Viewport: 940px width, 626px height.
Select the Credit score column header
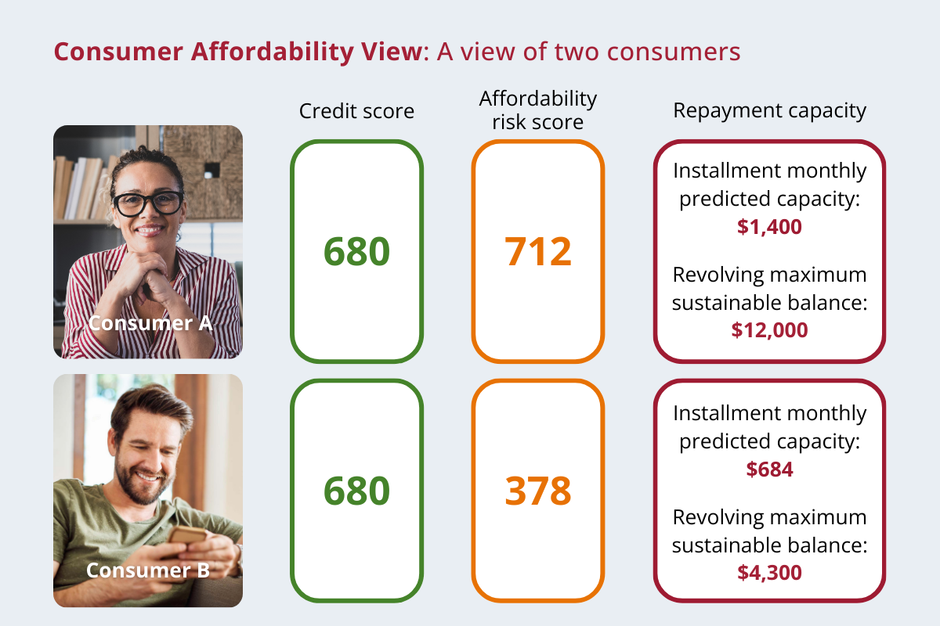(x=356, y=111)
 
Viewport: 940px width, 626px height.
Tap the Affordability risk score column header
(x=538, y=110)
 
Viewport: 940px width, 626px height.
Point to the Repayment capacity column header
(x=769, y=111)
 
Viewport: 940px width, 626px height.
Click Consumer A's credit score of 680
(x=356, y=251)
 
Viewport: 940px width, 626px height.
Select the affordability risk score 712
(x=538, y=251)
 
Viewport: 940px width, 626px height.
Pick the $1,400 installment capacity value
(x=769, y=226)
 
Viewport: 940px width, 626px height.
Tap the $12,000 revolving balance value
(x=769, y=330)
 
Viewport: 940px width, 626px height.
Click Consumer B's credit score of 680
(x=356, y=491)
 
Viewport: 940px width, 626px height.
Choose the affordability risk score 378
(x=538, y=491)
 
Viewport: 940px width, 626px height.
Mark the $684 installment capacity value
(x=769, y=469)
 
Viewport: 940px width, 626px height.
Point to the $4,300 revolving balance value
(x=769, y=572)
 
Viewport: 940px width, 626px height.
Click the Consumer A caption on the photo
(x=150, y=323)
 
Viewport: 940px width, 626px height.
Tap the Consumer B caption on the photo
(x=148, y=570)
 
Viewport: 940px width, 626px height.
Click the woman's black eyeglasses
(x=148, y=203)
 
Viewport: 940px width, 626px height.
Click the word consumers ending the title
(x=674, y=52)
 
